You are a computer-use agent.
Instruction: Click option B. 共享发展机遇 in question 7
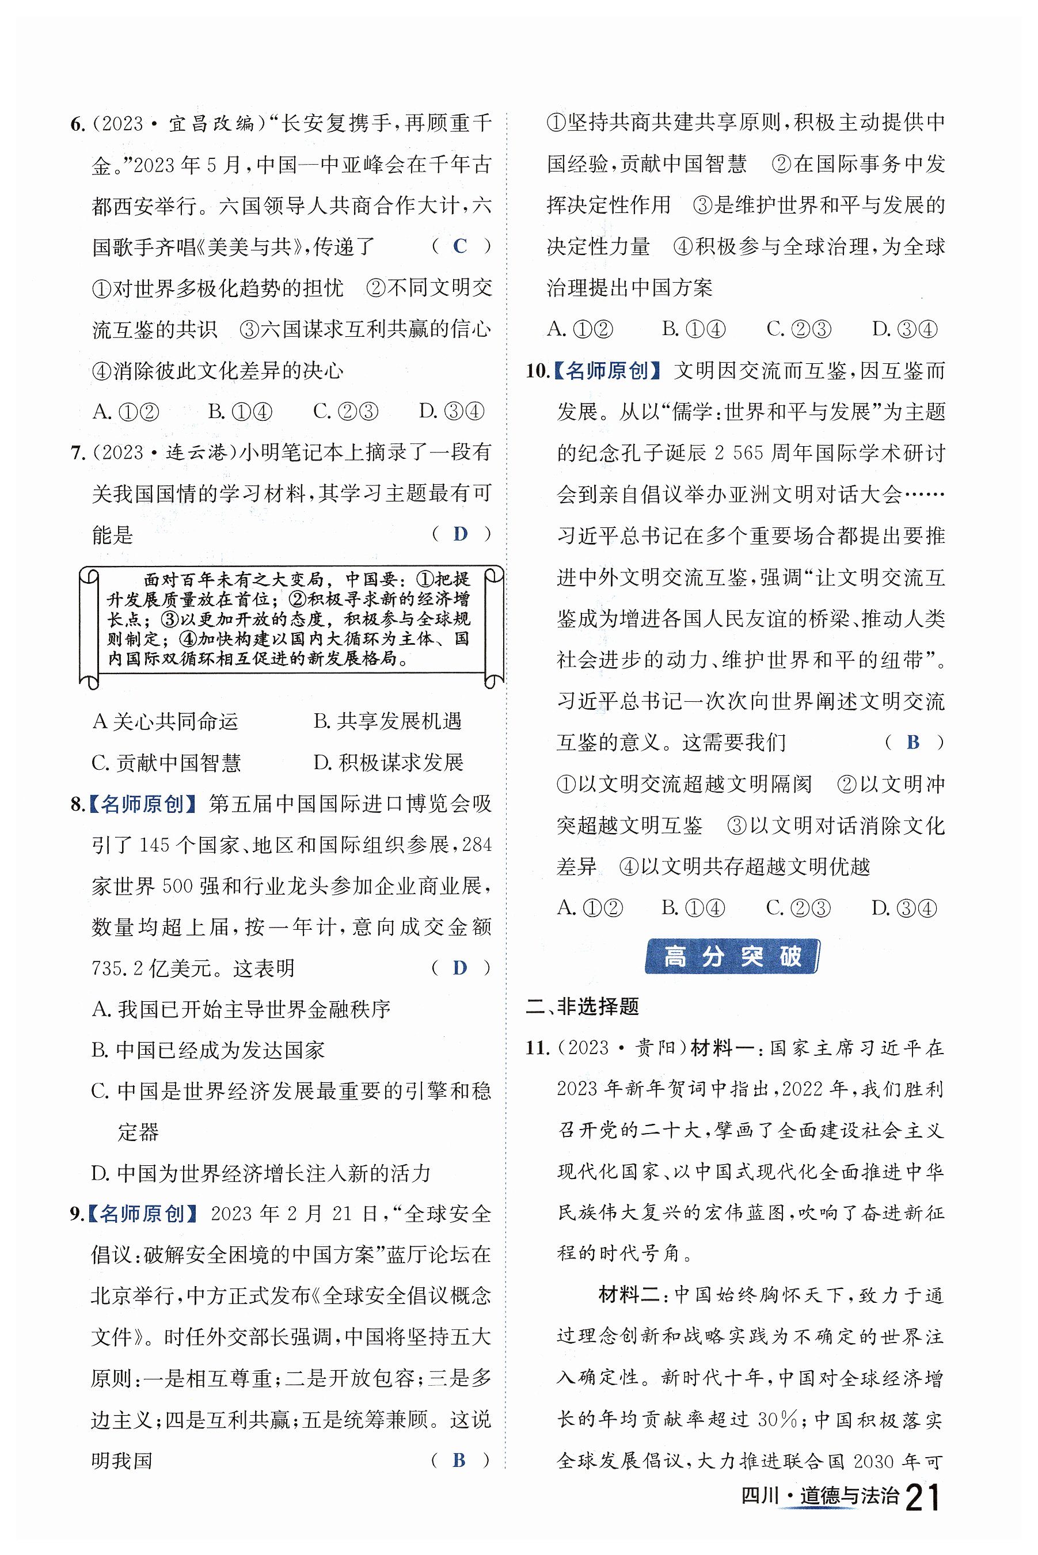point(387,721)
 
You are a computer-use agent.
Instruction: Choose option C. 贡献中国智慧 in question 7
point(166,763)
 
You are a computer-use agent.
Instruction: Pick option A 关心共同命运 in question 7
point(165,721)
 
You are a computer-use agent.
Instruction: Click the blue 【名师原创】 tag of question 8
point(142,804)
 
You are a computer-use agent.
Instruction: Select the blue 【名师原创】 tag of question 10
point(607,371)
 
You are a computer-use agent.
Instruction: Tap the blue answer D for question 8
point(460,968)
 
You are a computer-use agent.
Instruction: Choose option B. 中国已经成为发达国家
point(208,1050)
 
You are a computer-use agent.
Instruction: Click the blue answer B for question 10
point(914,742)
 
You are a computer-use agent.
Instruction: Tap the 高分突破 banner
point(732,957)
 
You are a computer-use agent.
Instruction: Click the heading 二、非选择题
point(583,1006)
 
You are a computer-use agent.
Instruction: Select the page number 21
point(923,1497)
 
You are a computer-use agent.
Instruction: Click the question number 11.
point(538,1048)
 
